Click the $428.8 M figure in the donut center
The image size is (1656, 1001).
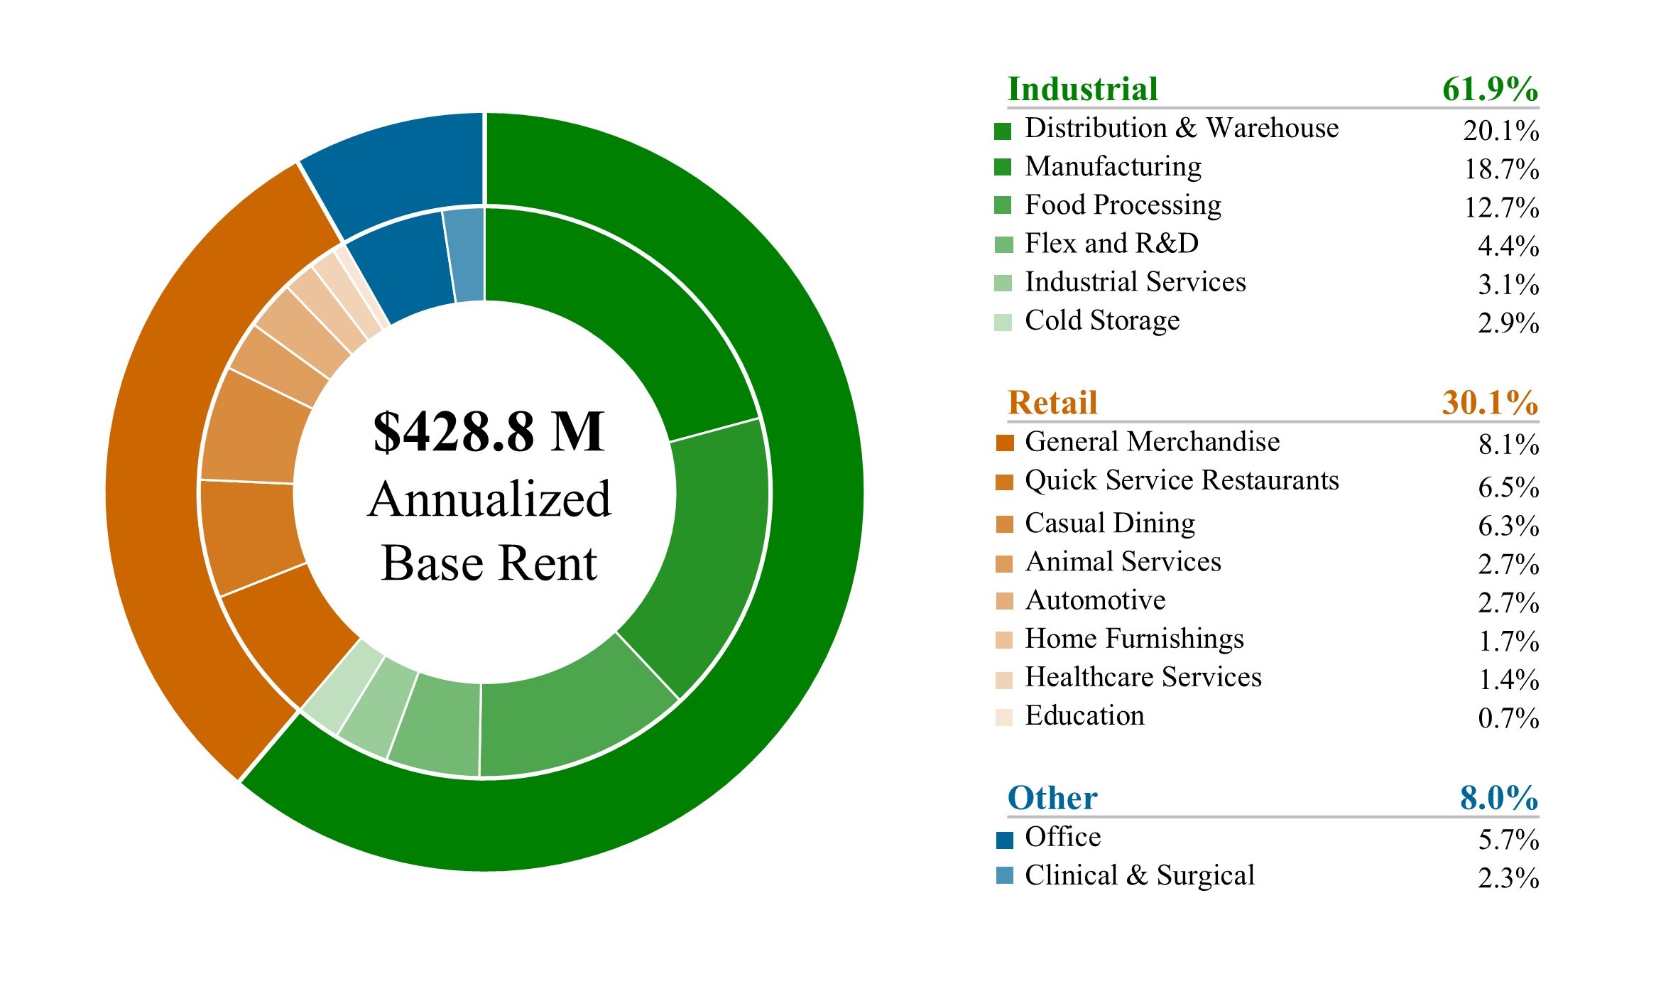[489, 432]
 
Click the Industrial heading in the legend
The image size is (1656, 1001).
[1083, 90]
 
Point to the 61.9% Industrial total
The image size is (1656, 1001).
[1490, 90]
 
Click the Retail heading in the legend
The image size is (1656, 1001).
[1052, 403]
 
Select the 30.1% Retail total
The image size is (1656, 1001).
[1490, 403]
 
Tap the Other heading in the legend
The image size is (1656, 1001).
[1052, 798]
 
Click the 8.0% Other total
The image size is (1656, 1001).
[1498, 798]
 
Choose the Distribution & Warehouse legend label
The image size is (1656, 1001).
[1182, 129]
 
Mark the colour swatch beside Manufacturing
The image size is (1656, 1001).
[1003, 167]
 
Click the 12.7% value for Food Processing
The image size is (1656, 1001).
[1501, 207]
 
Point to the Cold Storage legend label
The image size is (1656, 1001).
[1102, 320]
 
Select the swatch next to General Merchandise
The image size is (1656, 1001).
[1004, 443]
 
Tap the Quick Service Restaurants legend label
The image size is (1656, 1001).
[1182, 481]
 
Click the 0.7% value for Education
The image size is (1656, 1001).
[1508, 718]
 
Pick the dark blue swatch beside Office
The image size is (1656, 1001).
[1004, 840]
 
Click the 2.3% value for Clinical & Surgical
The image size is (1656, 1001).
[1508, 878]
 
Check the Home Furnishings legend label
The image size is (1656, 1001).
[1134, 639]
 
